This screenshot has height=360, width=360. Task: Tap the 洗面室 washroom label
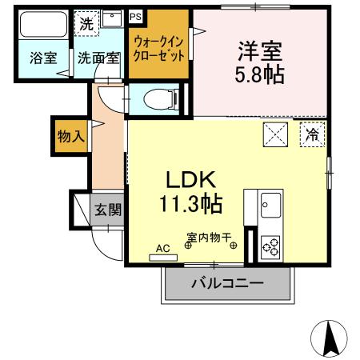click(98, 58)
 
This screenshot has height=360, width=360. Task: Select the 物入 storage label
click(70, 137)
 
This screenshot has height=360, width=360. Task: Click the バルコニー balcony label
click(226, 283)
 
